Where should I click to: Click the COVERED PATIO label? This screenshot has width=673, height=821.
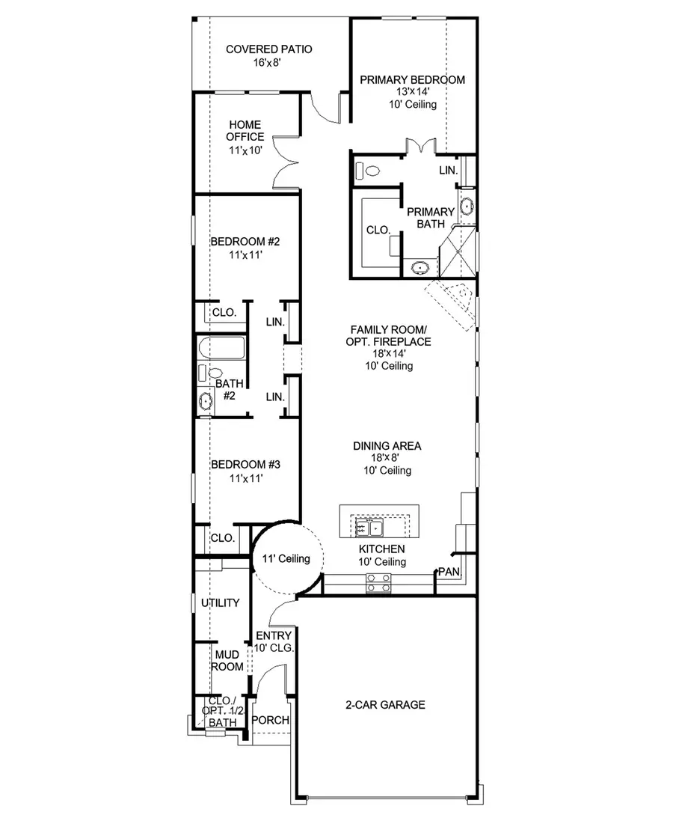pyautogui.click(x=268, y=49)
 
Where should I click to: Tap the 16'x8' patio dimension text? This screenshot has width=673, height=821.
pyautogui.click(x=268, y=63)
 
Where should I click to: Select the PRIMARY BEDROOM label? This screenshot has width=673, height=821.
pyautogui.click(x=412, y=79)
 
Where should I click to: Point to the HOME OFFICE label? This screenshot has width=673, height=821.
pyautogui.click(x=246, y=130)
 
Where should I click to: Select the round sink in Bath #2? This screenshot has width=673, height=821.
pyautogui.click(x=205, y=402)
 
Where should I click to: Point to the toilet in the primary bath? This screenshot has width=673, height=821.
pyautogui.click(x=367, y=170)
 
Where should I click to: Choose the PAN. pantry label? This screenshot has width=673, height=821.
pyautogui.click(x=449, y=572)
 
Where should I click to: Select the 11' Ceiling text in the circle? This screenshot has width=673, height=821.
pyautogui.click(x=286, y=558)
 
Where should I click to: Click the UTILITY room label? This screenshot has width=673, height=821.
pyautogui.click(x=220, y=602)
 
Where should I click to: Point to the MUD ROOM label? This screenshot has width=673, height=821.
pyautogui.click(x=227, y=660)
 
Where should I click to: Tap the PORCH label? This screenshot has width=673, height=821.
pyautogui.click(x=270, y=720)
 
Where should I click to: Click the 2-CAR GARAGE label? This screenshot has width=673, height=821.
pyautogui.click(x=385, y=704)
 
